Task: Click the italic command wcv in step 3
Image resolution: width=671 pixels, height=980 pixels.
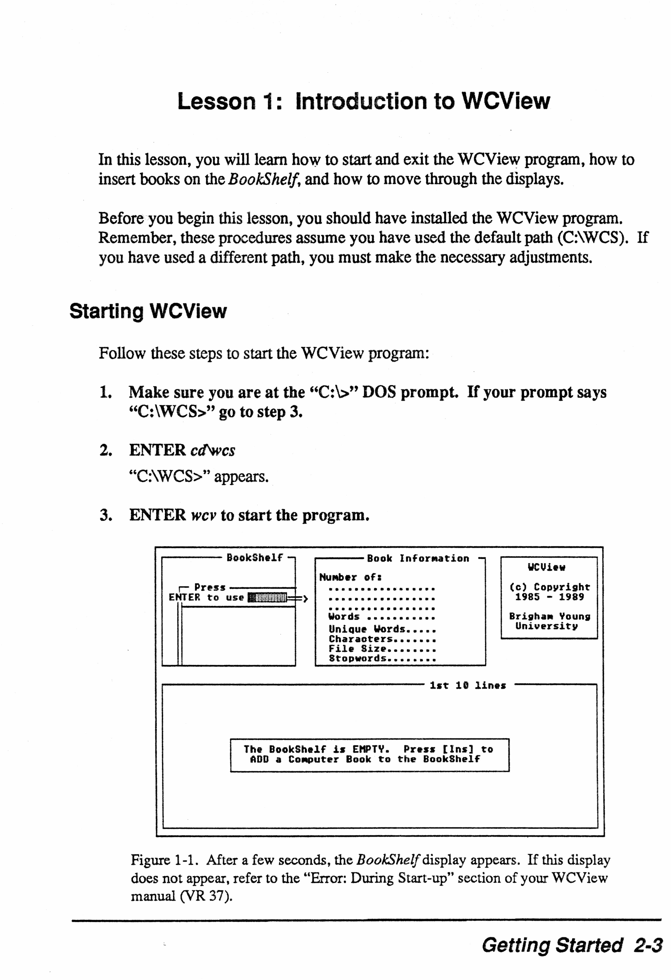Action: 203,515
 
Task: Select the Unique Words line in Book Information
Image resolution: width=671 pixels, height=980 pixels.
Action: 382,629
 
